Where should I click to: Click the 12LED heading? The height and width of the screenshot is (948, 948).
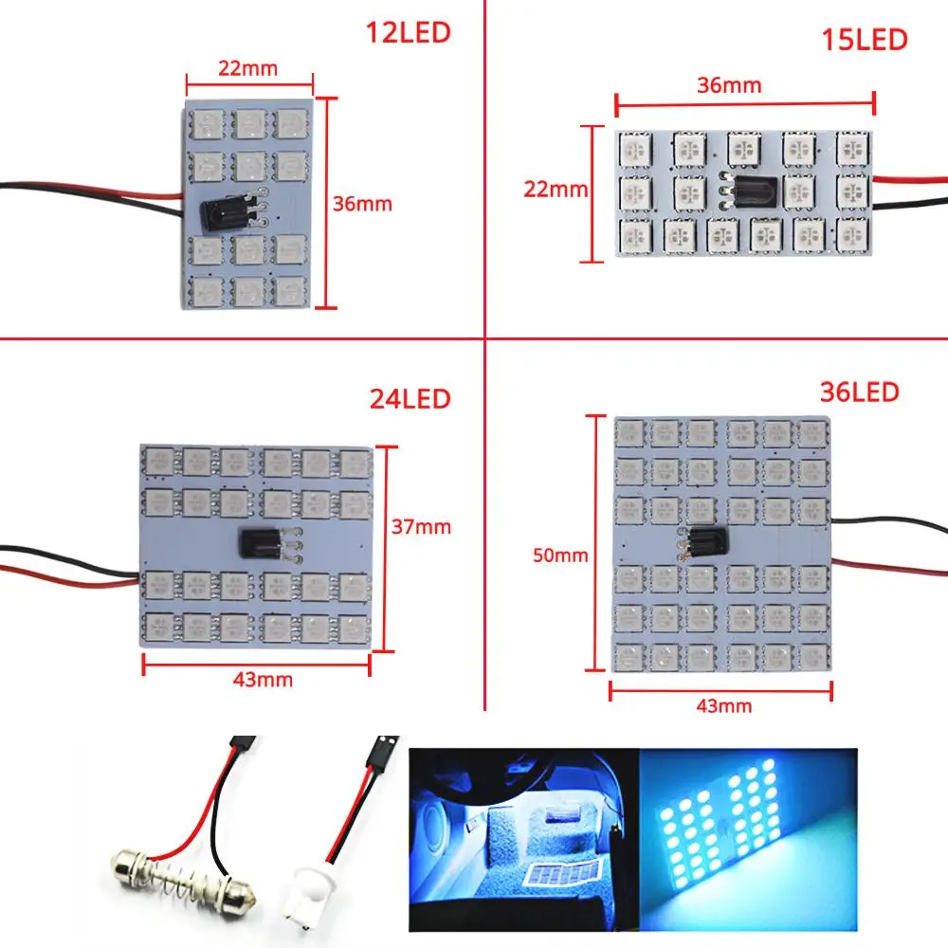tap(409, 33)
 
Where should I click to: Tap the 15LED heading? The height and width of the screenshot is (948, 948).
tap(865, 40)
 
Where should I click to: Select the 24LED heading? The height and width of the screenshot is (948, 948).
tap(409, 399)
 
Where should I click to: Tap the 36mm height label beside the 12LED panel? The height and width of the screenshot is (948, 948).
tap(361, 203)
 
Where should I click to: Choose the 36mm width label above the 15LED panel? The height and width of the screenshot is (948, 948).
tap(729, 85)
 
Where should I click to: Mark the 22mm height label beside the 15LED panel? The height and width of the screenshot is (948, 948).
tap(556, 190)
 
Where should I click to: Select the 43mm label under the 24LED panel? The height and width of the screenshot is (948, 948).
tap(264, 680)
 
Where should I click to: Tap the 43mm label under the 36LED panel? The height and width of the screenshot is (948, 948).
tap(722, 705)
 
